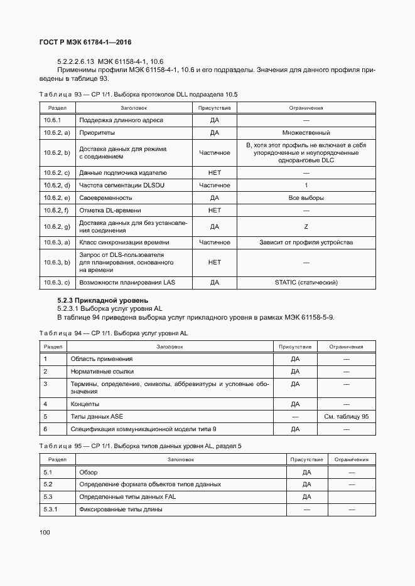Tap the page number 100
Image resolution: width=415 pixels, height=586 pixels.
click(45, 532)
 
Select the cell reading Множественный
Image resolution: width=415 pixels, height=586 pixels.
click(306, 133)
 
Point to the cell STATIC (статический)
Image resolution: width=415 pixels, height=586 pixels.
click(306, 283)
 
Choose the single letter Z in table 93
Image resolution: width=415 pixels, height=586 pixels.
click(306, 226)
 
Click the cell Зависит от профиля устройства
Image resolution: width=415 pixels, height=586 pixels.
click(306, 243)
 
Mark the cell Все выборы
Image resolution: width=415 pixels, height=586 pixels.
click(306, 198)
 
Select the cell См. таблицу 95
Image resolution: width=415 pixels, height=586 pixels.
click(346, 416)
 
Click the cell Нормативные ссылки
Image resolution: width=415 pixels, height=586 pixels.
click(102, 372)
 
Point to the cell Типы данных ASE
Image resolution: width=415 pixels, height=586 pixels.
click(97, 416)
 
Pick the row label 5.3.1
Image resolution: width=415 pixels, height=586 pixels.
click(51, 509)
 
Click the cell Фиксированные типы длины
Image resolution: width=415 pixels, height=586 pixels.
click(121, 509)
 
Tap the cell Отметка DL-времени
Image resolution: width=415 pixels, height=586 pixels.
click(110, 211)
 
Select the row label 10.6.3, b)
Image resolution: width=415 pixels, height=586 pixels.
click(57, 262)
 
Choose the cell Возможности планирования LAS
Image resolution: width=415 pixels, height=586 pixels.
click(127, 283)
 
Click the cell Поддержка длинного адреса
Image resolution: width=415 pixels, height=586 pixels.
click(121, 120)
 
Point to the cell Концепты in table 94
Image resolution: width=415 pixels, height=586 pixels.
click(85, 404)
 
